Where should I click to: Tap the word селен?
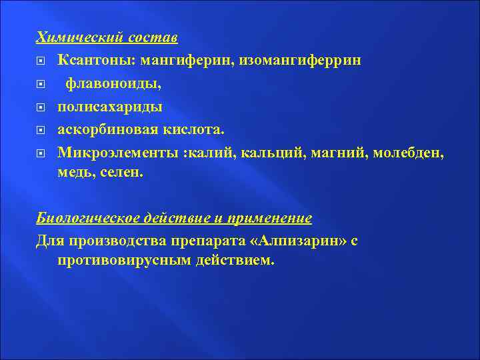pos(121,172)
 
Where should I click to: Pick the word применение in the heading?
pos(269,218)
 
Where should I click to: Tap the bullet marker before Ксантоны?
pos(41,61)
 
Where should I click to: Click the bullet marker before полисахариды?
pos(41,107)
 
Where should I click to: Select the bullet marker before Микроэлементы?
pos(41,153)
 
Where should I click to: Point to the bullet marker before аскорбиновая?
pos(41,130)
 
